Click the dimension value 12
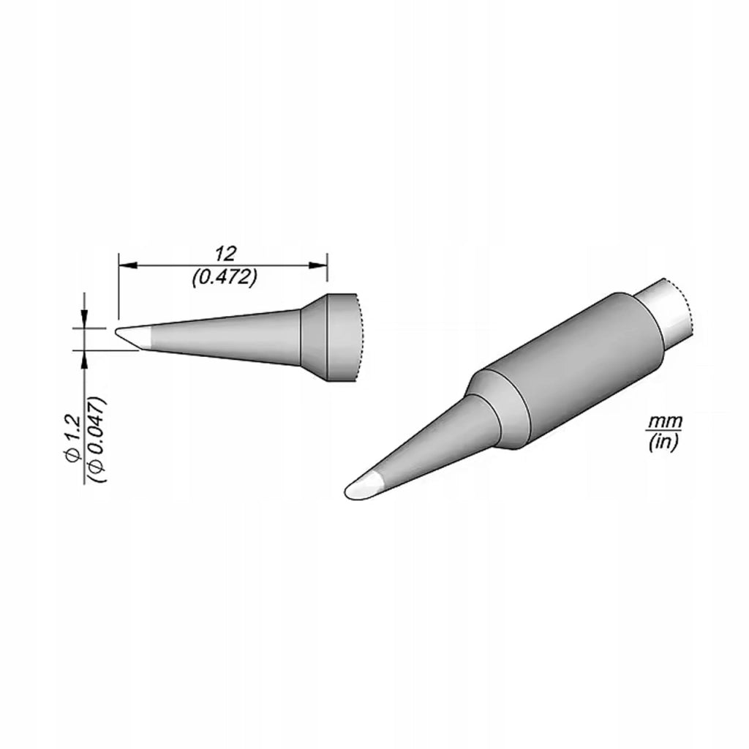coord(225,254)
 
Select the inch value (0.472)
coord(224,277)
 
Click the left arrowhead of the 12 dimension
coord(127,265)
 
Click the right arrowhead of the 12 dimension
coord(317,265)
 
